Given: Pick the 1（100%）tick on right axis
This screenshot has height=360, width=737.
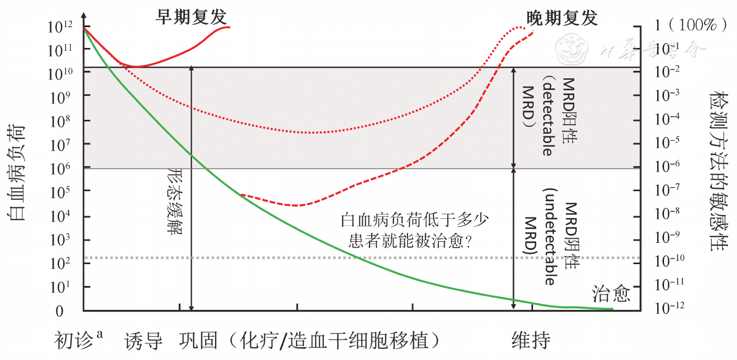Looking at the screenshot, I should click(x=690, y=24).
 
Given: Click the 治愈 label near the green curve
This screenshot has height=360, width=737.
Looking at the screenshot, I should click(x=611, y=293).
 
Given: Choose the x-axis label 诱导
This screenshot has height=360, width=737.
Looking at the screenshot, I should click(x=144, y=341).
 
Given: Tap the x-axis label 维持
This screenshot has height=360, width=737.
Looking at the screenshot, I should click(x=531, y=341).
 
